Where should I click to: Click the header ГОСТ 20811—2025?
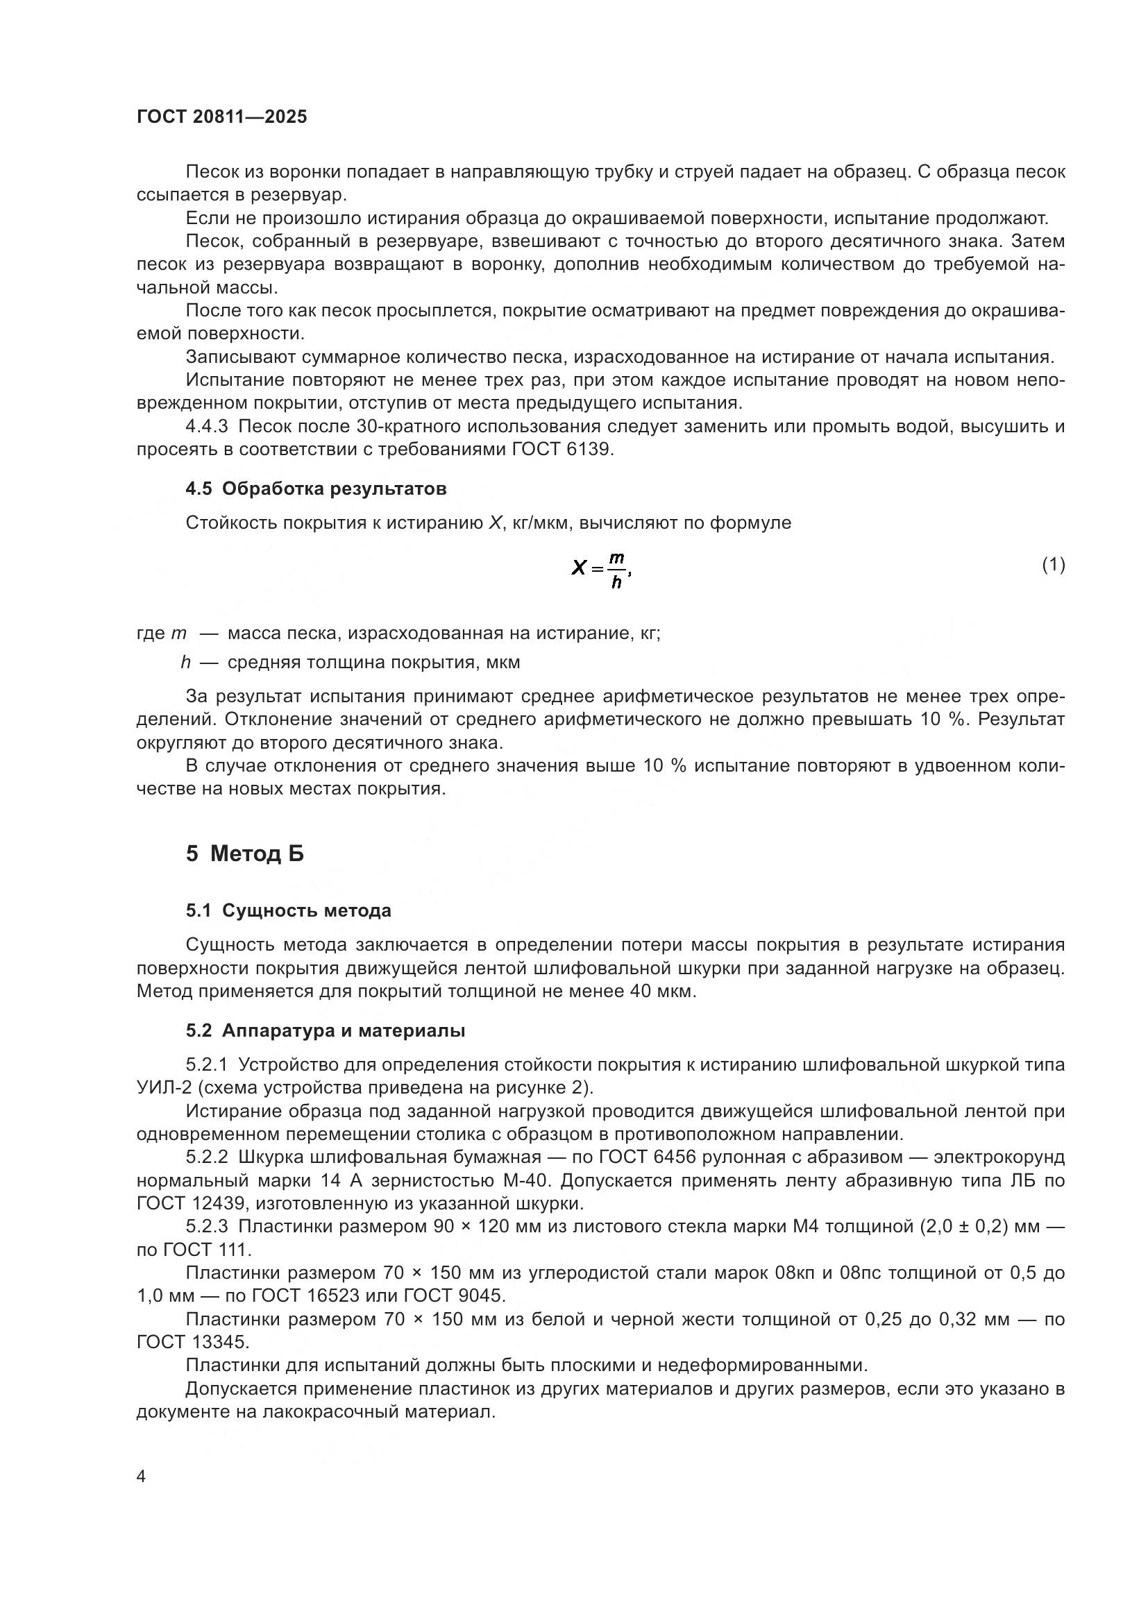222,117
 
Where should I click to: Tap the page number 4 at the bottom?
142,1477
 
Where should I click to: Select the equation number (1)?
1054,564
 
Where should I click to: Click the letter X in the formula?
578,567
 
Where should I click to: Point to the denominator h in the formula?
616,582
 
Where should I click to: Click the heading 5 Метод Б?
244,854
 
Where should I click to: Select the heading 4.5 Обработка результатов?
316,488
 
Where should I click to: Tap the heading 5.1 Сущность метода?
289,910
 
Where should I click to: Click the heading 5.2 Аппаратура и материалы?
325,1030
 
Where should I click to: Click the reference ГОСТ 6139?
562,450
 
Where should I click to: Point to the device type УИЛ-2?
160,1088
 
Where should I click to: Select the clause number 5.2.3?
207,1226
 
